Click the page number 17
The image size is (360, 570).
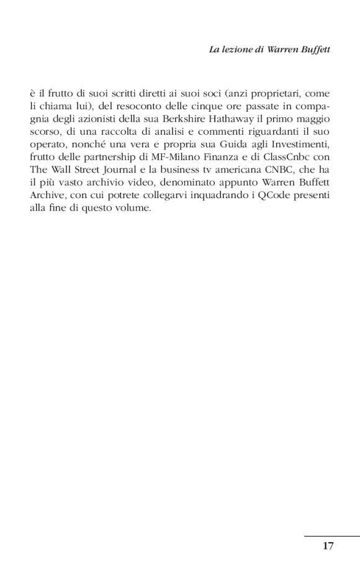tap(328, 546)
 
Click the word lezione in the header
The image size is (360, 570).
tap(235, 47)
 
